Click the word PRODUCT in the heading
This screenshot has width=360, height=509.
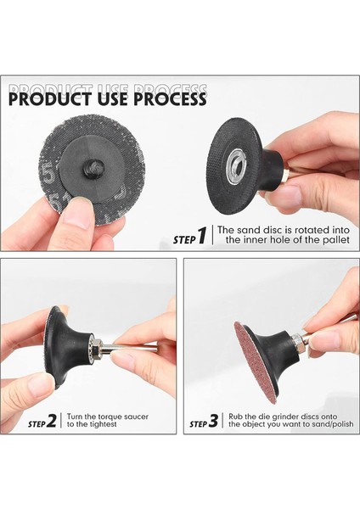click(x=50, y=99)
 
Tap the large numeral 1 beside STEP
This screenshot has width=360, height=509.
click(x=202, y=235)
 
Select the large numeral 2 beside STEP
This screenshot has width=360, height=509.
click(x=51, y=421)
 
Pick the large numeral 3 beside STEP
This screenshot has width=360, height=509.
click(x=213, y=421)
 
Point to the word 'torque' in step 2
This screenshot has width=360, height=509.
click(x=110, y=417)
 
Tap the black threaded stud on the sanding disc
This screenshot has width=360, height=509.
click(x=93, y=169)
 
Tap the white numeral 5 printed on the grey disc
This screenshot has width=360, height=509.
click(x=48, y=174)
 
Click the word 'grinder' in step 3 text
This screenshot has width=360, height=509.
click(x=284, y=417)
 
